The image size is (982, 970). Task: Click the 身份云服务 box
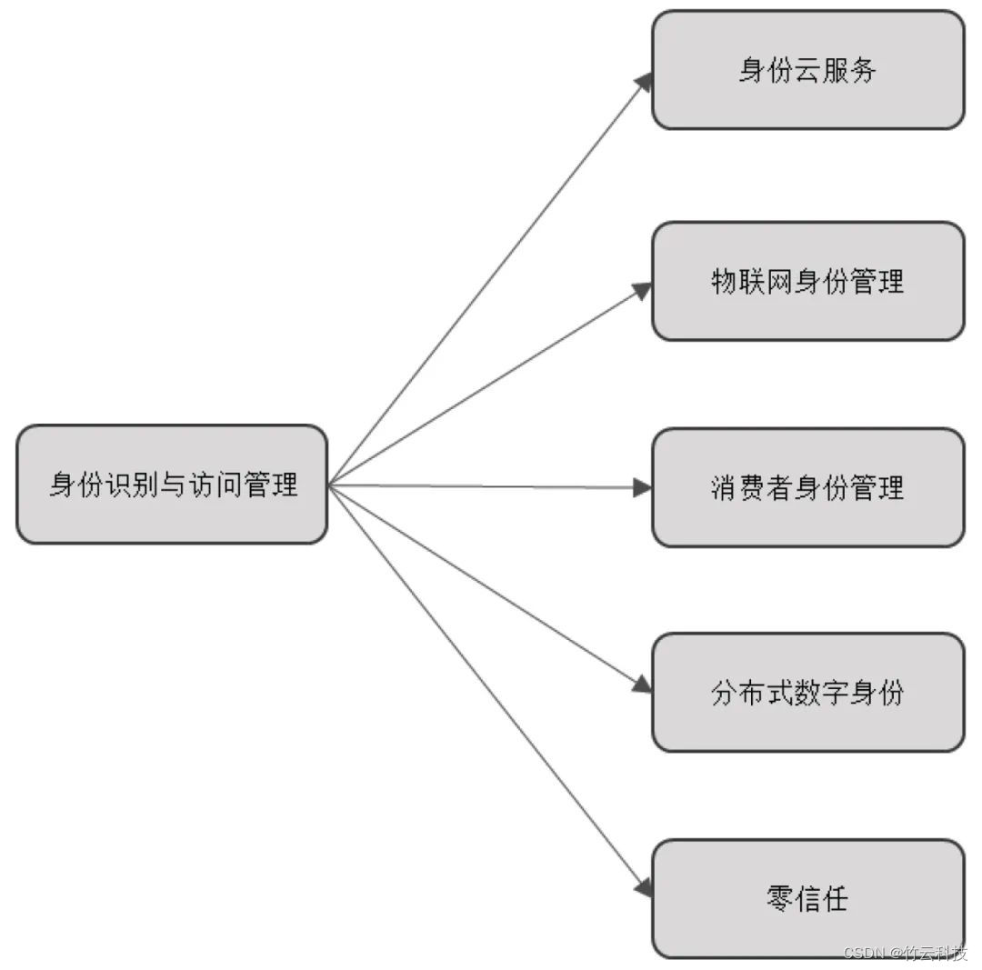807,70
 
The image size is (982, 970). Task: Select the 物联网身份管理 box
807,281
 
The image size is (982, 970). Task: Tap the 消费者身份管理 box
807,487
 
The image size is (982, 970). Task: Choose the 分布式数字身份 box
807,693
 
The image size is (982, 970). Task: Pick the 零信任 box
807,898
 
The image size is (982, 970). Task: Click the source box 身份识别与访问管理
172,485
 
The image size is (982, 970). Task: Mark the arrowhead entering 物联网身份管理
643,290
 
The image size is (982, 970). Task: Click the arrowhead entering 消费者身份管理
643,488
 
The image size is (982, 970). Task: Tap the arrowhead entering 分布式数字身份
643,685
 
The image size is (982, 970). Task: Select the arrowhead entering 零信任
644,886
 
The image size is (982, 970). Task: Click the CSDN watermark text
865,953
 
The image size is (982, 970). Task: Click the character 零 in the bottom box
780,898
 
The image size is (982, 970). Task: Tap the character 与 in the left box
172,485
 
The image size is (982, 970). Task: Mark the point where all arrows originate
329,485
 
